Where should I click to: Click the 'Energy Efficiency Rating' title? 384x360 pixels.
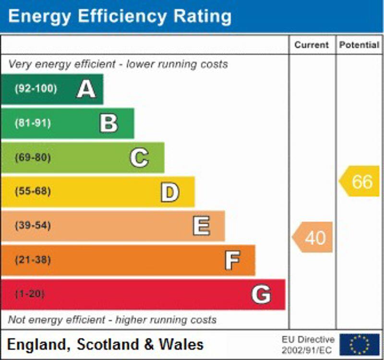click(x=120, y=16)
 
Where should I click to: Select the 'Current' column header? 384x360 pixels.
click(x=312, y=45)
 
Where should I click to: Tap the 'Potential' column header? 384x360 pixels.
click(x=359, y=45)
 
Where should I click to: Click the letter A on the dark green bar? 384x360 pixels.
click(x=86, y=89)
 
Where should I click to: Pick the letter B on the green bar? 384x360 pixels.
click(x=108, y=123)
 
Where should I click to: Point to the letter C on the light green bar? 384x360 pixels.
click(x=139, y=157)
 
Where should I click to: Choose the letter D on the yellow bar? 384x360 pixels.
click(x=169, y=192)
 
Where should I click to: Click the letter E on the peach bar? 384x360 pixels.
click(x=201, y=226)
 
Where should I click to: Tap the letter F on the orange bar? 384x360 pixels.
click(x=232, y=261)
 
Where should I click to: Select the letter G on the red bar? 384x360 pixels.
click(x=261, y=294)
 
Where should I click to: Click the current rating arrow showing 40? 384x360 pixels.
click(x=313, y=237)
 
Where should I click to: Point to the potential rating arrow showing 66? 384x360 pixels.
click(x=360, y=181)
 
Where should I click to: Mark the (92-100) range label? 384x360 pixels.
click(x=36, y=89)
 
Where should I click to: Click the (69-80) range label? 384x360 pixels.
click(x=33, y=157)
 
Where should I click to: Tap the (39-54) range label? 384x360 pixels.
click(x=33, y=226)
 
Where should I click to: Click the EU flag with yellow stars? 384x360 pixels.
click(x=359, y=345)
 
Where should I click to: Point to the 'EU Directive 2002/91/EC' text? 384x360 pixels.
click(x=308, y=345)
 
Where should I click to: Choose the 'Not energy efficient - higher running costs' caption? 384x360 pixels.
click(x=112, y=320)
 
